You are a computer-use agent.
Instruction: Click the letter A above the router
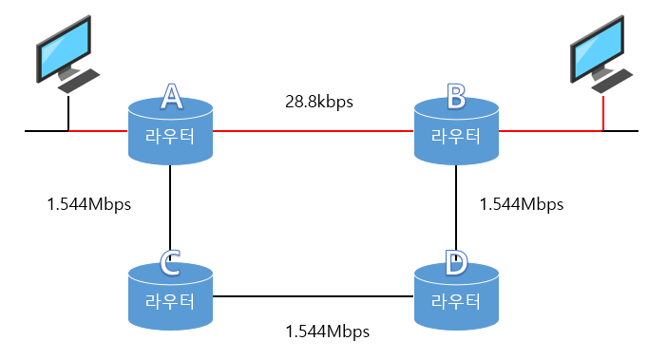coord(171,96)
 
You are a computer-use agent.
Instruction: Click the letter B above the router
coord(456,96)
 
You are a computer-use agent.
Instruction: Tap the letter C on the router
coord(170,262)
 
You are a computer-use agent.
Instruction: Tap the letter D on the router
coord(456,262)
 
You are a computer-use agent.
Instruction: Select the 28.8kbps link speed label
coord(319,102)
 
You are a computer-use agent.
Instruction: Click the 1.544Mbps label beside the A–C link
coord(89,204)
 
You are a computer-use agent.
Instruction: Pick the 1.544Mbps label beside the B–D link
coord(522,204)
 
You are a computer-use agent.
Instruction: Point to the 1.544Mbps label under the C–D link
coord(328,332)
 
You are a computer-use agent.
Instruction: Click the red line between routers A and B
coord(314,131)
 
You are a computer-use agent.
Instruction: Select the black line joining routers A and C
coord(170,208)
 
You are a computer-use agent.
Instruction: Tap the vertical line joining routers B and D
coord(456,208)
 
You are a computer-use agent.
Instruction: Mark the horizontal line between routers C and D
coord(314,296)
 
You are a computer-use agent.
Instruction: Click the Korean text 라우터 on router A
coord(170,137)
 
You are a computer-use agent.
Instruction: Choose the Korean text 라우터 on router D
coord(456,302)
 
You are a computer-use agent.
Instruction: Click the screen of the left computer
coord(65,47)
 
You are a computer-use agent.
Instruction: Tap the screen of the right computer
coord(598,47)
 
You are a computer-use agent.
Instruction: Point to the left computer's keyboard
coord(79,81)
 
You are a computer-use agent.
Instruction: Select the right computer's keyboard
coord(613,81)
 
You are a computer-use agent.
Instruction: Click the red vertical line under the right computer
coord(603,113)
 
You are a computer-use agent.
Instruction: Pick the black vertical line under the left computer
coord(68,113)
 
